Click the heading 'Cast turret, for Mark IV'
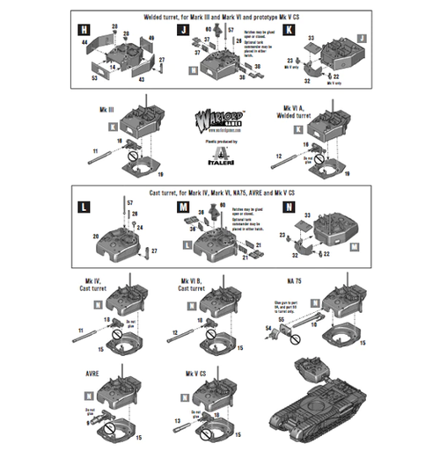[219, 191]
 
